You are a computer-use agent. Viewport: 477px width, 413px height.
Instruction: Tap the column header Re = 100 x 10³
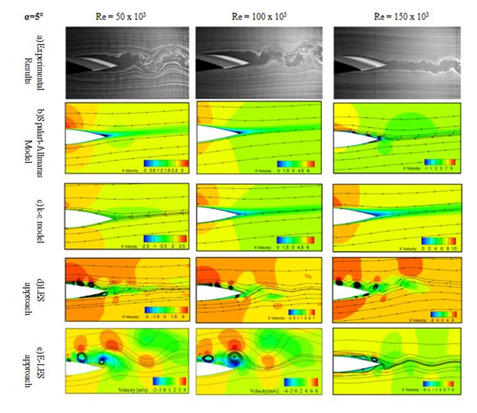pyautogui.click(x=257, y=14)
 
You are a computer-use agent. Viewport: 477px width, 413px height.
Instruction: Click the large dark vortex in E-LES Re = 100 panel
pyautogui.click(x=234, y=360)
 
